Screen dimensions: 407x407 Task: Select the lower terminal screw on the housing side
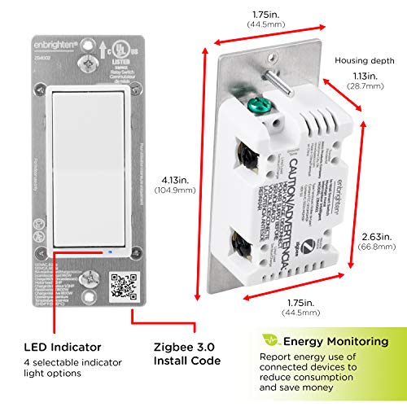point(242,242)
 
